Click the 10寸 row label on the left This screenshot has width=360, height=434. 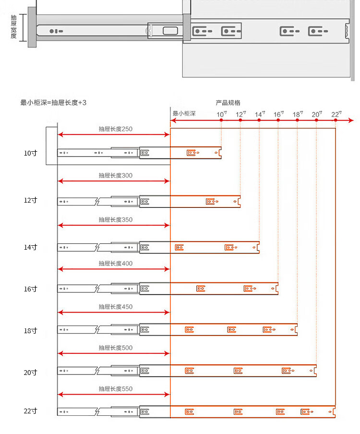(x=30, y=153)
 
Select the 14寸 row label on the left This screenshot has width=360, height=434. (x=30, y=247)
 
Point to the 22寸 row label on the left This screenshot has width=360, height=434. (x=30, y=411)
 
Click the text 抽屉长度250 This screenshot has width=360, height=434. (x=115, y=129)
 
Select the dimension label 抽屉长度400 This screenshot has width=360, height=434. (x=115, y=264)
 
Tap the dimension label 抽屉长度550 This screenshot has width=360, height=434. (x=115, y=389)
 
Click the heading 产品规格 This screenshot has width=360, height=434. (x=228, y=103)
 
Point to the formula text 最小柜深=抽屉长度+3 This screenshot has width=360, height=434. (x=53, y=102)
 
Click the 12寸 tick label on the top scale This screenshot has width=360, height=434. (x=240, y=114)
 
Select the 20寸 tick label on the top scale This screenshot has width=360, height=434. (x=317, y=114)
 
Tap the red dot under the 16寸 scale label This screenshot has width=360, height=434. (x=278, y=120)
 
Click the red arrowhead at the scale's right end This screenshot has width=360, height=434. (x=351, y=120)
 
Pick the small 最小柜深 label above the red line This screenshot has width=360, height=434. (x=184, y=114)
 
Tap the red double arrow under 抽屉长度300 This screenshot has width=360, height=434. (x=114, y=181)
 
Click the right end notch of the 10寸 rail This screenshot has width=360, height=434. (x=220, y=153)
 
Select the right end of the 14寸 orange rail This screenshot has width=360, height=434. (x=258, y=247)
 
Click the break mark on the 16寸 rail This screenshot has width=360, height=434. (x=98, y=288)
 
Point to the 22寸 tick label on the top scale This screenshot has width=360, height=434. (x=336, y=114)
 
